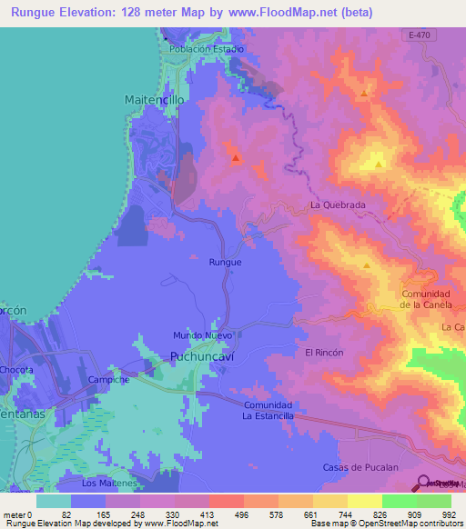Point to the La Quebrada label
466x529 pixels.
pyautogui.click(x=338, y=205)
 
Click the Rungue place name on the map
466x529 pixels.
pyautogui.click(x=225, y=262)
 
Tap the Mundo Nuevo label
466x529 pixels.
pyautogui.click(x=204, y=335)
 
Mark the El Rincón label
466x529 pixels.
pyautogui.click(x=323, y=352)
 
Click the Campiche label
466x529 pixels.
pyautogui.click(x=109, y=381)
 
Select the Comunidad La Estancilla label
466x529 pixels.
pyautogui.click(x=268, y=410)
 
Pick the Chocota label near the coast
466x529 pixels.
pyautogui.click(x=16, y=370)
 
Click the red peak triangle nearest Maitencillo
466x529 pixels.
pyautogui.click(x=236, y=159)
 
